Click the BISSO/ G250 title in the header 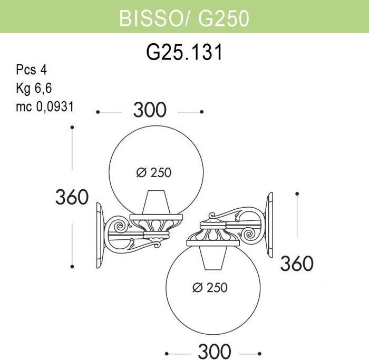click(x=184, y=17)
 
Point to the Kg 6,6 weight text click(x=36, y=88)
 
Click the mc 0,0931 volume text click(x=44, y=106)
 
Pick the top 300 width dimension click(x=150, y=111)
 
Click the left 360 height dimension click(x=72, y=197)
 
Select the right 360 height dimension click(x=297, y=263)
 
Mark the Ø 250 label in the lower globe click(x=210, y=287)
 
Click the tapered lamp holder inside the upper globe click(x=156, y=203)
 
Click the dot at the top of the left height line click(x=72, y=127)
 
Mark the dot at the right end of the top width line click(x=201, y=112)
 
